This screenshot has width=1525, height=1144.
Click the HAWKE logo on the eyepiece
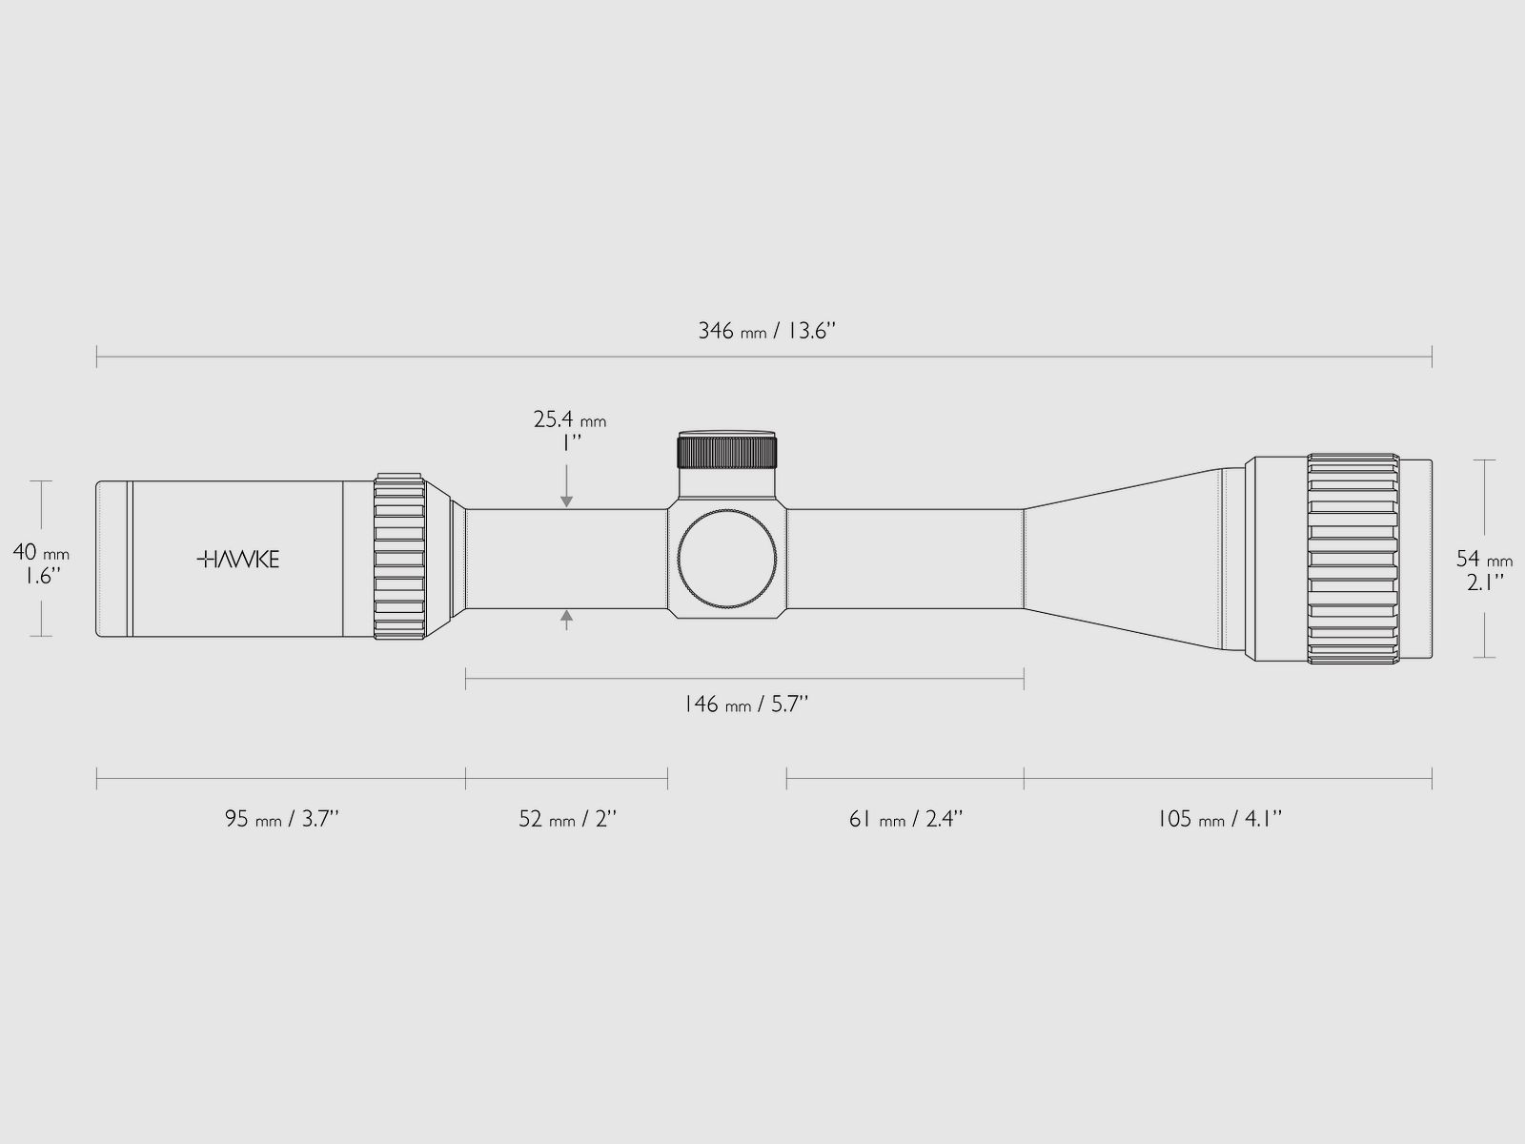(238, 560)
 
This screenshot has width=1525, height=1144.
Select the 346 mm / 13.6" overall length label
(766, 332)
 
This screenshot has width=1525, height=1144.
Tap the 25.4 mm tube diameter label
(569, 420)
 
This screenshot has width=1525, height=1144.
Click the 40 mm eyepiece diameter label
(40, 553)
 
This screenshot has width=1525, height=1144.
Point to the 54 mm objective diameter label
(1484, 560)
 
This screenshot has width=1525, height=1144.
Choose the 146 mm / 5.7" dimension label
(745, 705)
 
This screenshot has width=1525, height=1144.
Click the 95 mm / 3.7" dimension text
(282, 819)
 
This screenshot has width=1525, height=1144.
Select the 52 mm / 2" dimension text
(568, 819)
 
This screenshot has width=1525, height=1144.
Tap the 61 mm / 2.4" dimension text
(905, 819)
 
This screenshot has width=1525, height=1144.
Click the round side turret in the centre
(728, 560)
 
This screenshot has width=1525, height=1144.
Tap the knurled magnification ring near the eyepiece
(399, 556)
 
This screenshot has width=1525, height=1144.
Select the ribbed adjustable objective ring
(1353, 560)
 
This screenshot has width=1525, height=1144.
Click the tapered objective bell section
(1125, 560)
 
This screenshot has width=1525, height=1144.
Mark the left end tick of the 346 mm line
(97, 357)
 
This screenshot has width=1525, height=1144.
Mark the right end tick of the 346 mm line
(1432, 357)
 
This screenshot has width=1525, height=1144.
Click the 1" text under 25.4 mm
(570, 443)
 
